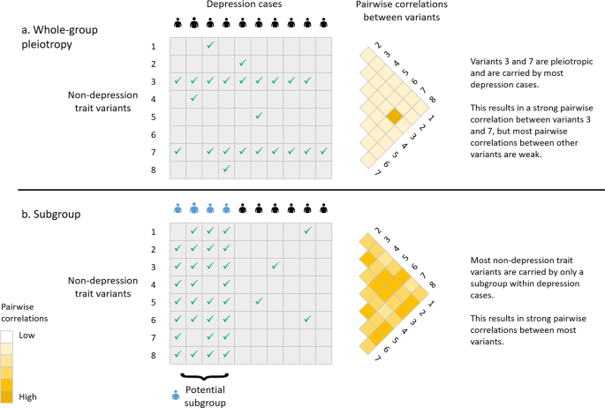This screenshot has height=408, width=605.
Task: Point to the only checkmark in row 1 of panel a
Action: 210,45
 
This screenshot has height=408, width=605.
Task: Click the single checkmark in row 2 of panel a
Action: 243,63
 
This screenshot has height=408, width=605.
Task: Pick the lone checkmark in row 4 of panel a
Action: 194,97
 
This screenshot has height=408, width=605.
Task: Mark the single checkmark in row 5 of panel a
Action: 259,115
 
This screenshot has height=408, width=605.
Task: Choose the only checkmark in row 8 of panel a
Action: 227,167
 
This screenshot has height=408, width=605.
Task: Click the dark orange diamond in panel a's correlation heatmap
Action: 394,116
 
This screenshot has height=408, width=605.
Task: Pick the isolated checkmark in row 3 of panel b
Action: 276,266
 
